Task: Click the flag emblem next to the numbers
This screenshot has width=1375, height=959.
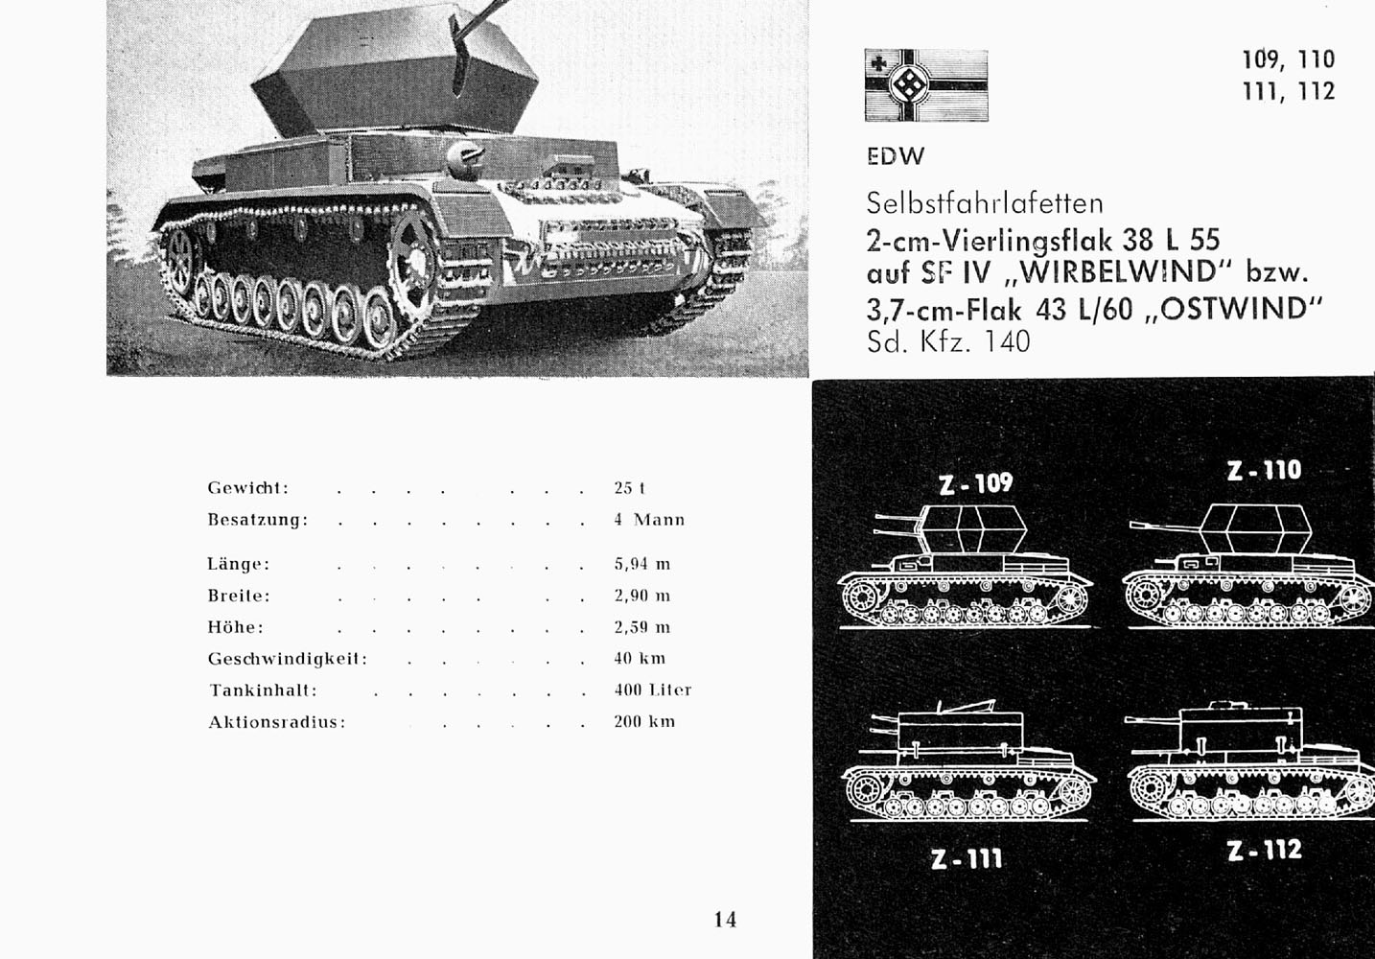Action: coord(925,85)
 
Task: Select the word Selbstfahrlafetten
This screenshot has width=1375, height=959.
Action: coord(985,203)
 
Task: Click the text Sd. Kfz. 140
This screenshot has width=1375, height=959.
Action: coord(948,341)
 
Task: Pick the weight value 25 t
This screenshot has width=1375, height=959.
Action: coord(629,488)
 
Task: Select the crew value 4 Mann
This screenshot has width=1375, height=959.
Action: coord(649,520)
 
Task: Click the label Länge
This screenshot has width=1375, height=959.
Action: coord(238,564)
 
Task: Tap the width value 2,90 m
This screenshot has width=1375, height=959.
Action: coord(641,596)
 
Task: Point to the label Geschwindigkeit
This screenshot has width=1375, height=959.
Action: coord(288,659)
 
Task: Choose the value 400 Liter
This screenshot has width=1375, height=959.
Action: coord(652,690)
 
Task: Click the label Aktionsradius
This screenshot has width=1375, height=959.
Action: coord(276,722)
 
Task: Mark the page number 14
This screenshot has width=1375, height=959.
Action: coord(725,920)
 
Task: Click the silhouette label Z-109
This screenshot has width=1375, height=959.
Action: coord(974,482)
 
